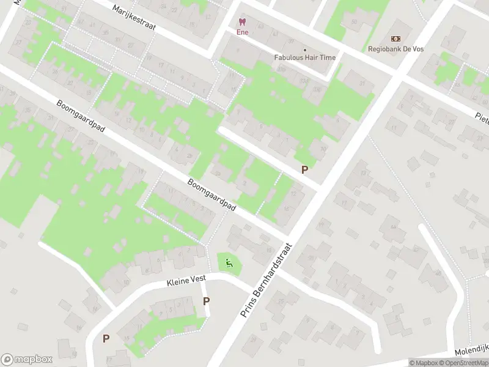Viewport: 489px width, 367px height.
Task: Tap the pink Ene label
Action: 243,32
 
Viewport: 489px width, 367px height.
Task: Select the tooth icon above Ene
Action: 243,22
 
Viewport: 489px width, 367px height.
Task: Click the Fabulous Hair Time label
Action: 304,57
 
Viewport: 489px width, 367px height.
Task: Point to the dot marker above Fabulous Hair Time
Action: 304,49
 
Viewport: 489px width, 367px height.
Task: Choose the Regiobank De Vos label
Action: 395,49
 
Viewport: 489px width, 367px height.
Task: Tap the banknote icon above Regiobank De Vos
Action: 395,39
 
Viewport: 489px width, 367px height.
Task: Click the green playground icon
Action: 229,264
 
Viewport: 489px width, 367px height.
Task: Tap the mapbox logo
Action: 27,360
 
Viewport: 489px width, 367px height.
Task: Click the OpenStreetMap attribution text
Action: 465,363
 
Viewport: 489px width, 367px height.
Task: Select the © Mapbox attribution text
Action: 424,363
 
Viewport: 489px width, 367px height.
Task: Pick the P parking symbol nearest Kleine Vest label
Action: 207,301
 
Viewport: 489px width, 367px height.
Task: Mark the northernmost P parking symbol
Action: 304,169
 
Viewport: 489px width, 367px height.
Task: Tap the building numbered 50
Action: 353,23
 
